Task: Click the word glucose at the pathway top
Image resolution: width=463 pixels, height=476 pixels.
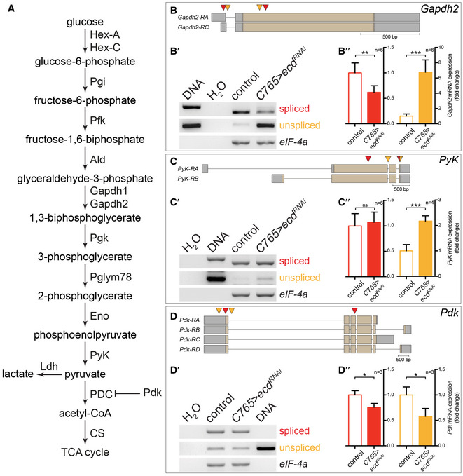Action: [84, 23]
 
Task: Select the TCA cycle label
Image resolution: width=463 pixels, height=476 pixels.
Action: [84, 452]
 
